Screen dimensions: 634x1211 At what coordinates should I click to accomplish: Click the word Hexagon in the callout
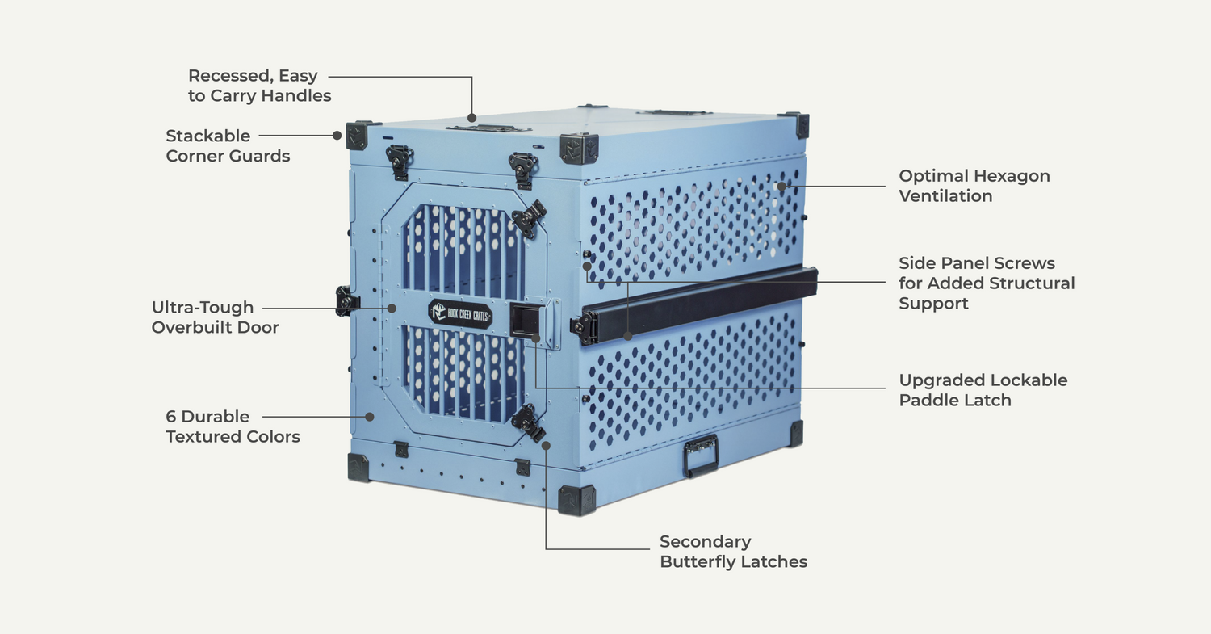tap(1012, 176)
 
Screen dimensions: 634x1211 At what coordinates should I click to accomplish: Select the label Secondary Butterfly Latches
tap(733, 552)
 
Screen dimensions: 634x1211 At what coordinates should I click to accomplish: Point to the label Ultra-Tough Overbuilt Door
tap(215, 317)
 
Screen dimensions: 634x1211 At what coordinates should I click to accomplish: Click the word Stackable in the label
tap(208, 136)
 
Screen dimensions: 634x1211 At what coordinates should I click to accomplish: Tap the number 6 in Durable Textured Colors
tap(171, 417)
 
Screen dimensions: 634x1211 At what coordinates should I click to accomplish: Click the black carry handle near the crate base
tap(700, 456)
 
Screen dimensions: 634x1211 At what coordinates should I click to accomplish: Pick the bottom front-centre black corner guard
tap(576, 500)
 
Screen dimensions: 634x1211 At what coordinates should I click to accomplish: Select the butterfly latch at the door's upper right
tap(529, 218)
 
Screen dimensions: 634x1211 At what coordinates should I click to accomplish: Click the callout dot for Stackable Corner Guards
tap(337, 136)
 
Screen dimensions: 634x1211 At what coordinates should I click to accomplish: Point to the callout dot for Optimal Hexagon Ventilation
tap(781, 186)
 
